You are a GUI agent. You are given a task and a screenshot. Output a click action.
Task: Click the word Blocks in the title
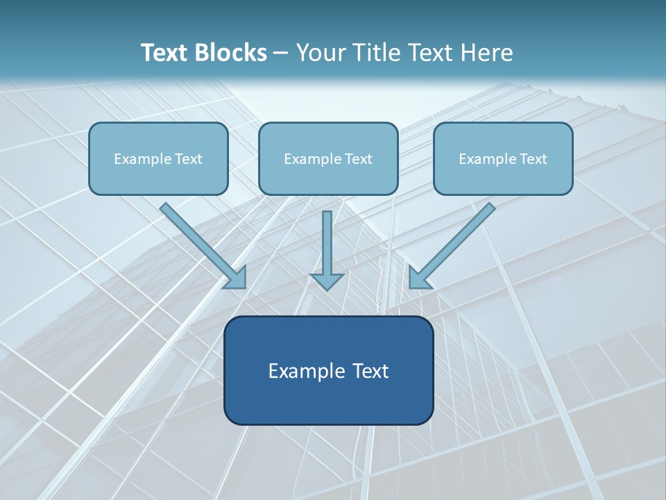point(232,53)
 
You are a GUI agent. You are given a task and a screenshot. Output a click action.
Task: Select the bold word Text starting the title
point(167,53)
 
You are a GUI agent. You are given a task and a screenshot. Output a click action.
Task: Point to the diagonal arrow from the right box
point(458,240)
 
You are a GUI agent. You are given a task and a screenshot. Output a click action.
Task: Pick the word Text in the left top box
point(189,159)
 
